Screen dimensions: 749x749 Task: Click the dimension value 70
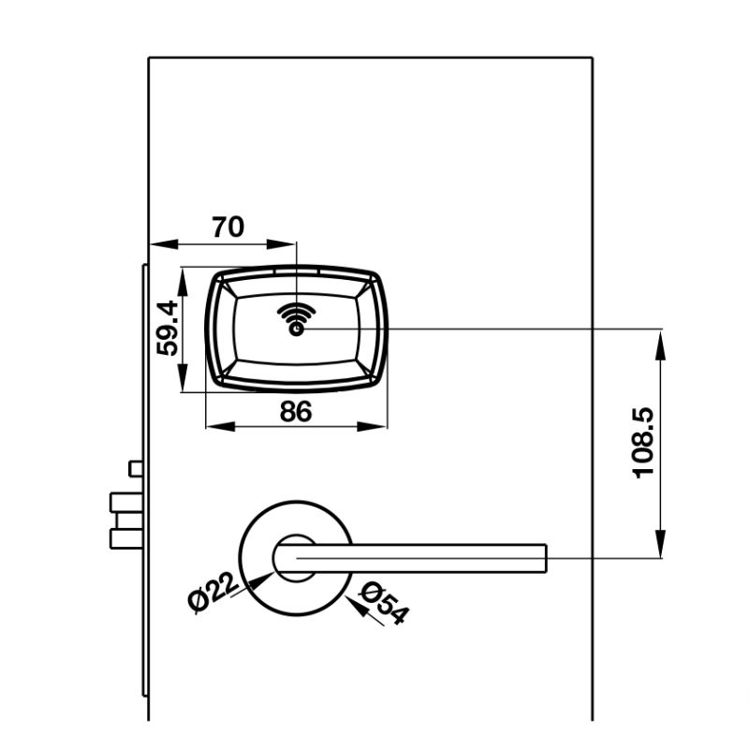click(228, 227)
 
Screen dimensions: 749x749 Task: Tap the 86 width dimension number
click(296, 411)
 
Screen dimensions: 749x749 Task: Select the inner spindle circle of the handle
click(294, 556)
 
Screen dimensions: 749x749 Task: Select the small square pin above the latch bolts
click(136, 468)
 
